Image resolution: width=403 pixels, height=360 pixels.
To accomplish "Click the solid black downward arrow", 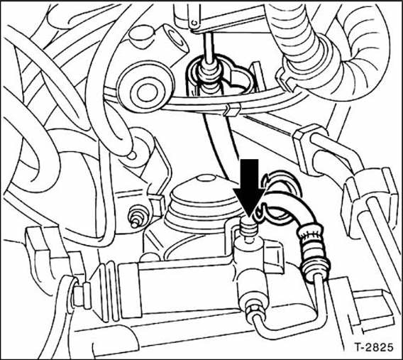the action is (249, 187).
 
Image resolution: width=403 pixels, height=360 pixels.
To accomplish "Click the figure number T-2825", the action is (375, 347).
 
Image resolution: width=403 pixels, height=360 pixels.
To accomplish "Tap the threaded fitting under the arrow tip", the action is (248, 229).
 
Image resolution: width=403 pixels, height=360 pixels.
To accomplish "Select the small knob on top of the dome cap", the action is (205, 178).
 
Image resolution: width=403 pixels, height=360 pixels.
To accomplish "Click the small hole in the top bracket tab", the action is (194, 23).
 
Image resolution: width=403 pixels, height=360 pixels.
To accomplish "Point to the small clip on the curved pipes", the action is (232, 109).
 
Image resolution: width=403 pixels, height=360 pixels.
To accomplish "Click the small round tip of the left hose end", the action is (131, 155).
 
